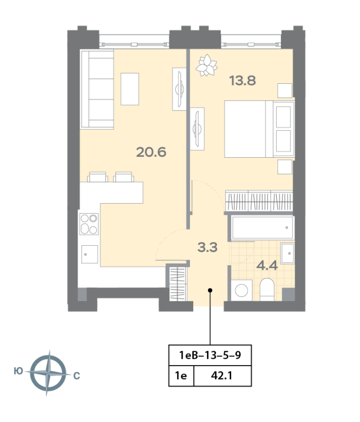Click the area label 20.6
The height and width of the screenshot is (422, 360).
151,152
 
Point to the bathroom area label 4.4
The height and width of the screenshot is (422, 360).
267,265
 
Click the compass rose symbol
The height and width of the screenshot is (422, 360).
48,373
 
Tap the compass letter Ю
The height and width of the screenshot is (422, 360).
18,372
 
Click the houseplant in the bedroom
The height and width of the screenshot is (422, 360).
206,65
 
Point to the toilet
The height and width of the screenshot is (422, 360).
266,290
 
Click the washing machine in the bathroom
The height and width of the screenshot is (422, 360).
242,291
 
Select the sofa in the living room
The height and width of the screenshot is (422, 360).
97,89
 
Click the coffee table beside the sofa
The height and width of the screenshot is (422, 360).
130,89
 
